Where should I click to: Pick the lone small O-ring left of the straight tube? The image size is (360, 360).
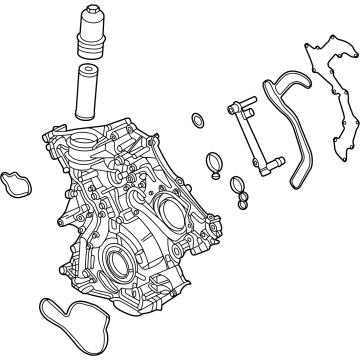coord(197,124)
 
